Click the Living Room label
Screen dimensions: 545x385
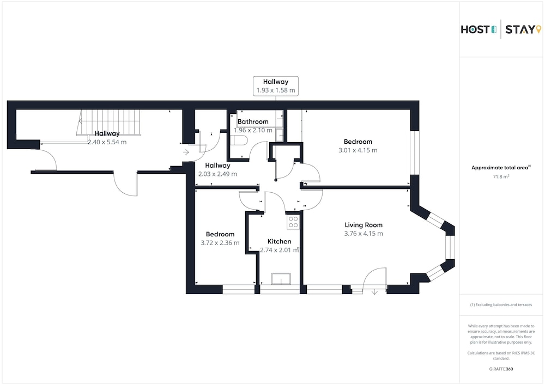tap(364, 225)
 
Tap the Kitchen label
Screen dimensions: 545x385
tap(280, 241)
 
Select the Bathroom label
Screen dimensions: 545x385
tap(253, 121)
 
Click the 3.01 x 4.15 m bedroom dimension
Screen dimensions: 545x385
tap(358, 150)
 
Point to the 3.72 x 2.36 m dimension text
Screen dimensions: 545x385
tap(220, 243)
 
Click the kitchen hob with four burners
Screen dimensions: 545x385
tap(293, 222)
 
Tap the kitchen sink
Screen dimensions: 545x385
tap(281, 279)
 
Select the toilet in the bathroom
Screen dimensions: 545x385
tap(240, 140)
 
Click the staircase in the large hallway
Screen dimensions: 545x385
tap(109, 123)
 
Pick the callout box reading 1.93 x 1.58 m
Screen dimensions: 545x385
tap(276, 85)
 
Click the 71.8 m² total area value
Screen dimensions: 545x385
tap(501, 176)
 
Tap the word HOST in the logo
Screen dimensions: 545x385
tap(475, 30)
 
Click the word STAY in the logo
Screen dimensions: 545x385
tap(520, 30)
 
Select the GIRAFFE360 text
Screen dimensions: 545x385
tap(501, 369)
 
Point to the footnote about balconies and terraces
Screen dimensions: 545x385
tap(501, 305)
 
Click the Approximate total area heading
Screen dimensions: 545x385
tap(500, 168)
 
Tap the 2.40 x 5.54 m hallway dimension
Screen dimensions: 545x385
tap(107, 142)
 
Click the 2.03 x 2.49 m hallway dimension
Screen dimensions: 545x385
tap(217, 174)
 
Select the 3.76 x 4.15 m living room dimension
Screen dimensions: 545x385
tap(364, 234)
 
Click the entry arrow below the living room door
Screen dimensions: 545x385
tap(374, 292)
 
